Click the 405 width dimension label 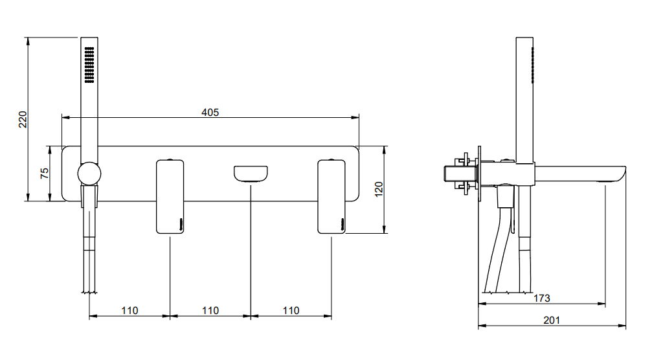[x=210, y=112]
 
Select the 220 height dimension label [x=23, y=119]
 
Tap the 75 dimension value [x=44, y=173]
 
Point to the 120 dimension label [x=378, y=189]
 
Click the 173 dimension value [x=541, y=298]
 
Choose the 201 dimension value [x=552, y=320]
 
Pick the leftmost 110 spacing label [x=130, y=311]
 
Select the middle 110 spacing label [x=210, y=311]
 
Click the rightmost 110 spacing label [x=291, y=311]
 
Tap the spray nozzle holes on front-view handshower [x=89, y=65]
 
